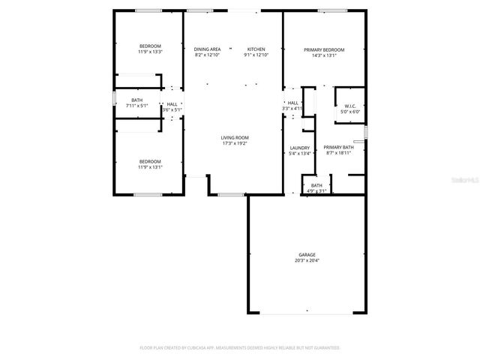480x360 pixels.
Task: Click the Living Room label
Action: point(235,137)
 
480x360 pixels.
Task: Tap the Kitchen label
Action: point(256,49)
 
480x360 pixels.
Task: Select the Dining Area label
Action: point(207,49)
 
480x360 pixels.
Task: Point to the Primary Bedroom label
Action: point(320,49)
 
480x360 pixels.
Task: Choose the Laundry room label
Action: point(300,148)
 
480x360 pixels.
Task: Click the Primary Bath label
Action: point(339,148)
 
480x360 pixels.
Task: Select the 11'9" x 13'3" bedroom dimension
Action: point(149,52)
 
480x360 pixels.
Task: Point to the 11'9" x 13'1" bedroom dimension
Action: point(149,167)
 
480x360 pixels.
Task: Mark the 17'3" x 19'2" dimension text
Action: point(235,143)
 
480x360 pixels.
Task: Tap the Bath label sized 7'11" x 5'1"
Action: point(137,100)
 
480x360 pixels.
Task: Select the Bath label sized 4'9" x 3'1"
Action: point(316,184)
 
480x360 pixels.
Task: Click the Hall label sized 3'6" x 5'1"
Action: point(172,104)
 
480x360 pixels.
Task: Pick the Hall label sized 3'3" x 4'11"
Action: point(292,103)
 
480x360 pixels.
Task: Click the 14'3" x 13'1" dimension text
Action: point(320,55)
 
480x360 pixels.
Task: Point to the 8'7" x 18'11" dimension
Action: point(339,154)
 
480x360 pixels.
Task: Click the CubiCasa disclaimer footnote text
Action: point(240,347)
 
